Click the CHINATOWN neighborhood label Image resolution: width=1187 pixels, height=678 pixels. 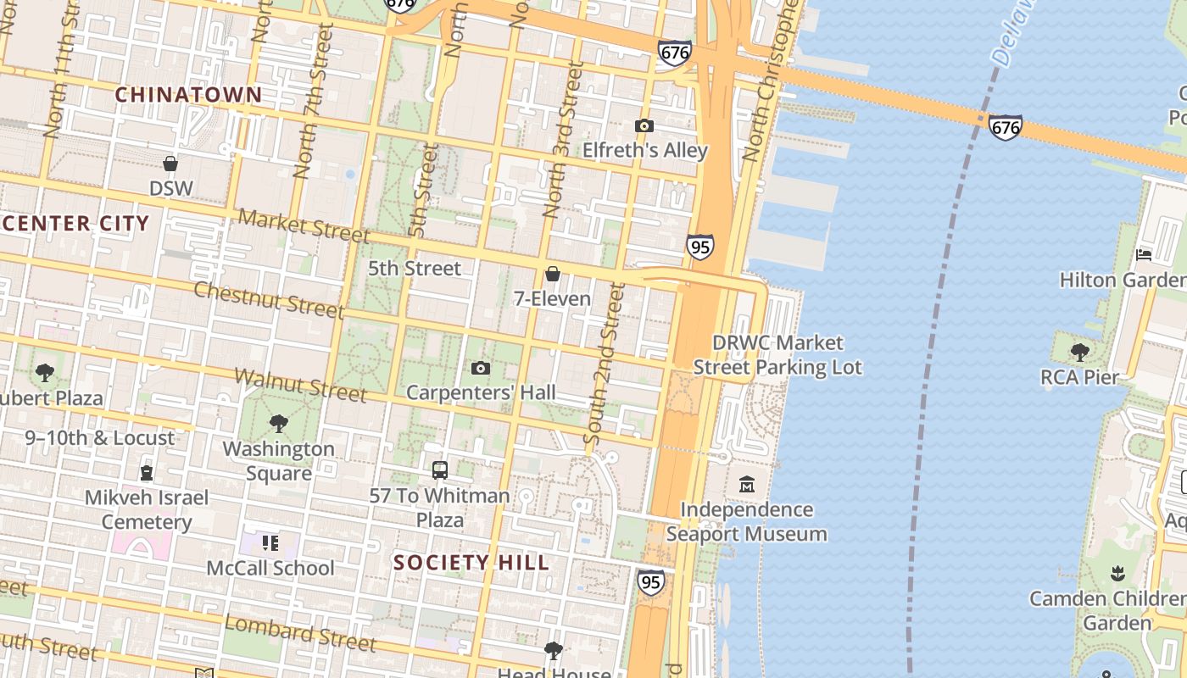[188, 95]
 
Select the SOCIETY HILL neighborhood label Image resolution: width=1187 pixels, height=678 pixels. [471, 563]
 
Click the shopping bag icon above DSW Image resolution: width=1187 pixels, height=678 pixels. [170, 164]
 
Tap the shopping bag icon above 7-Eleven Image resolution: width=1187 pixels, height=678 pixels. [552, 274]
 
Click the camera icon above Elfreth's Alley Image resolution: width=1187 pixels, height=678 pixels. [644, 126]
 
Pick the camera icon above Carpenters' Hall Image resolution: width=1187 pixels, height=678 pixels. [481, 368]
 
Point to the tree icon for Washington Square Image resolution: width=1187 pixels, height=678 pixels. [278, 424]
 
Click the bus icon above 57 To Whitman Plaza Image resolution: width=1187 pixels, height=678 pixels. [439, 470]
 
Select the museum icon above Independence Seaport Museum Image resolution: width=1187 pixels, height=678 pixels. [746, 485]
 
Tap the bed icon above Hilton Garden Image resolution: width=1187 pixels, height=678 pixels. [1143, 254]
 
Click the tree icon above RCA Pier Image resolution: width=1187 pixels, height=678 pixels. [1079, 352]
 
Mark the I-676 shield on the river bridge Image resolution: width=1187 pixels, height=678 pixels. [1005, 127]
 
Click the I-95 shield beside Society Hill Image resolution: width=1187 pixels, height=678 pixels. [650, 582]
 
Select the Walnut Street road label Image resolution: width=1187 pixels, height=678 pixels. [300, 385]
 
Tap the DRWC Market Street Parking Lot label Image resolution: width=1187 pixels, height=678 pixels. [777, 355]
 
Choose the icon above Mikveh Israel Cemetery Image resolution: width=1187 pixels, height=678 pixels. [147, 472]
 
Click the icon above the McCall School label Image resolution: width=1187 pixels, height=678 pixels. [270, 542]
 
